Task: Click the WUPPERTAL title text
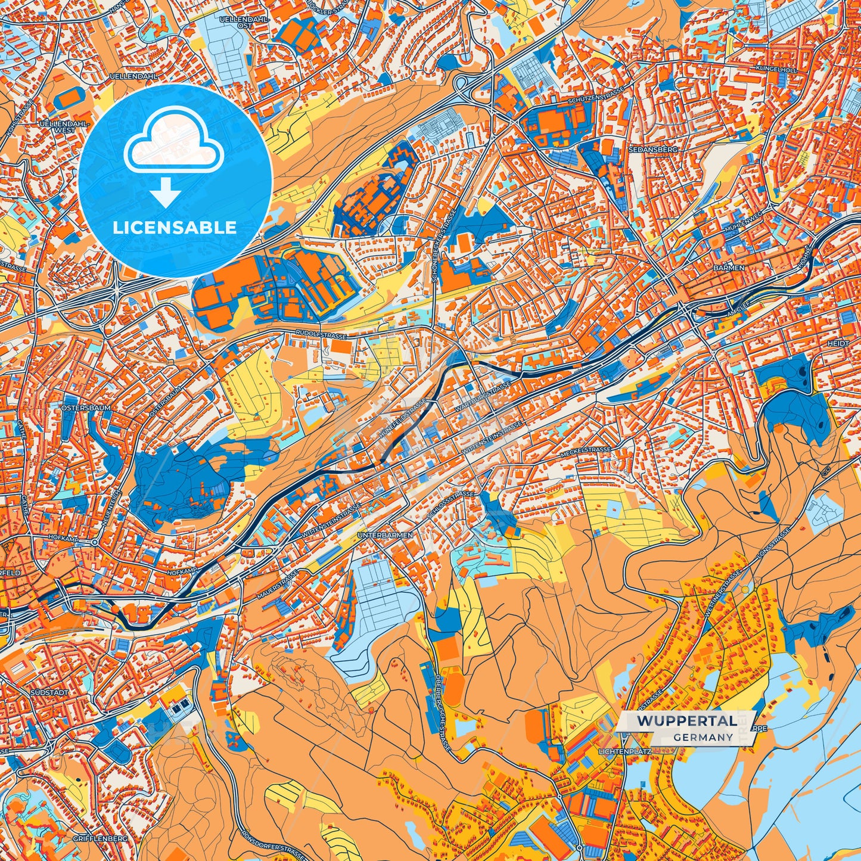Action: [686, 721]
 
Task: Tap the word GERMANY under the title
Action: [704, 737]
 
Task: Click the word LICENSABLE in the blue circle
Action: [175, 228]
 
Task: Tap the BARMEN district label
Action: [729, 268]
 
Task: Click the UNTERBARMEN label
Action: [385, 536]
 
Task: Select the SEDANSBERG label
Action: [652, 150]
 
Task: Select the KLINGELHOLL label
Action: [776, 70]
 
